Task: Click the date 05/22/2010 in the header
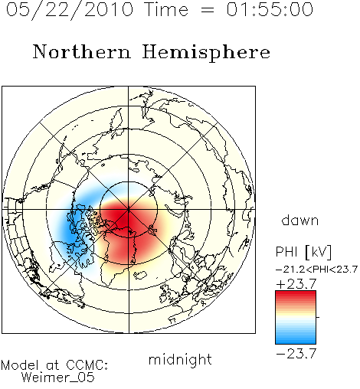click(x=70, y=10)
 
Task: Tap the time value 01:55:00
click(x=270, y=9)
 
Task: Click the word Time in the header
click(x=166, y=9)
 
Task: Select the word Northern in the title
click(x=82, y=51)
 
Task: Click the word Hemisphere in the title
click(x=206, y=53)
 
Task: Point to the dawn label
click(x=300, y=220)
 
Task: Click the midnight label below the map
click(x=180, y=360)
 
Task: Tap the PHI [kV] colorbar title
click(x=303, y=252)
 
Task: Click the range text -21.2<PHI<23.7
click(x=316, y=270)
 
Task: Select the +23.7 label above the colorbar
click(x=296, y=284)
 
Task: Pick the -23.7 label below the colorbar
click(x=296, y=354)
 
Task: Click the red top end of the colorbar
click(x=296, y=294)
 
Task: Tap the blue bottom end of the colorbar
click(x=296, y=341)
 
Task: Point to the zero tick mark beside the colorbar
click(x=318, y=317)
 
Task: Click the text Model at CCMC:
click(x=54, y=365)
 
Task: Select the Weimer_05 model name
click(x=58, y=377)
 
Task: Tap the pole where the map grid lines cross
click(x=129, y=209)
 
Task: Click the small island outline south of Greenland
click(x=140, y=275)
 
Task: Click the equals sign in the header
click(x=208, y=10)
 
